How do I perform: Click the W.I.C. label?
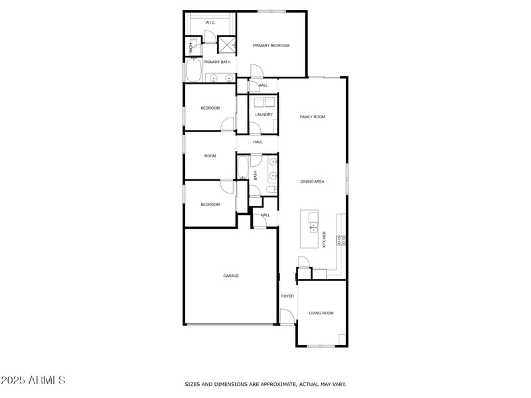(210, 23)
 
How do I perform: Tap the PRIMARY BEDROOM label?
(271, 45)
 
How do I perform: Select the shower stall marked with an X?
(227, 45)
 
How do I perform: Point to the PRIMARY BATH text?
(216, 62)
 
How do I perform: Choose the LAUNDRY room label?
(264, 114)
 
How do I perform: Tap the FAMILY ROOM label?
(312, 116)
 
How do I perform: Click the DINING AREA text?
(312, 181)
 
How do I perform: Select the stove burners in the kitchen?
(341, 241)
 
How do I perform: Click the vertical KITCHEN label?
(324, 239)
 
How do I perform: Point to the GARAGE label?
(230, 276)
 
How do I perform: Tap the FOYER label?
(287, 296)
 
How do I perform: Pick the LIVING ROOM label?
(321, 312)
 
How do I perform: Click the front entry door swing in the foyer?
(287, 318)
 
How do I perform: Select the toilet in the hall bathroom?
(269, 190)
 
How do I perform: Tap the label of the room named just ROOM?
(210, 155)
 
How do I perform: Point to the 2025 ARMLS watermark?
(33, 381)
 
